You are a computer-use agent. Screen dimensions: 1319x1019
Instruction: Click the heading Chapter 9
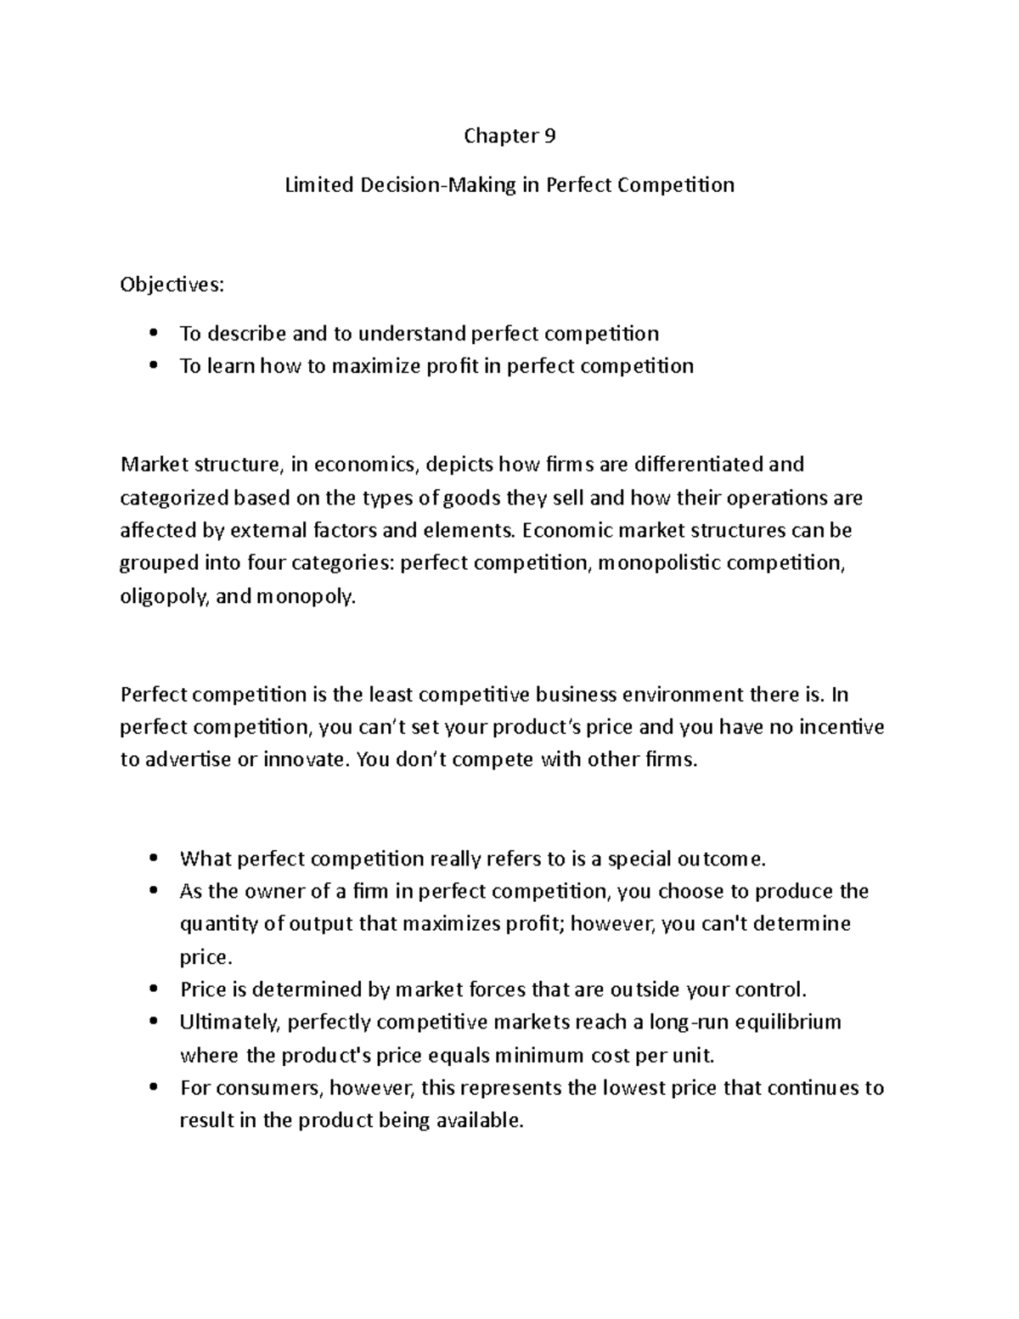(509, 136)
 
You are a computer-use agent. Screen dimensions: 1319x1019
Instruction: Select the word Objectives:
(172, 285)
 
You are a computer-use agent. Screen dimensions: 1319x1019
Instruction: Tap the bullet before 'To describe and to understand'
(154, 333)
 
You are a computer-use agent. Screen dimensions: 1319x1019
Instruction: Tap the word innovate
(306, 760)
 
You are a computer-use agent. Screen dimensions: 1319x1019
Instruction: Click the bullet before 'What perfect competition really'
(154, 859)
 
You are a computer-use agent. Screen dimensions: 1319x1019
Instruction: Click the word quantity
(214, 924)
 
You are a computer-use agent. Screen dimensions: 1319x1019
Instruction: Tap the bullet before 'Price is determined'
(154, 989)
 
